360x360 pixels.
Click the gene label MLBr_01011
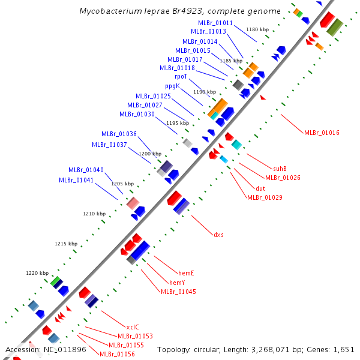pos(215,23)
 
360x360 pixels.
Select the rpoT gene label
pos(181,77)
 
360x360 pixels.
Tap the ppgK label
pos(173,86)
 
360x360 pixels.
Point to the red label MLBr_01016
pos(322,133)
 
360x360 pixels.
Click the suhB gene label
pos(280,169)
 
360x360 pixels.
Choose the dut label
pos(260,188)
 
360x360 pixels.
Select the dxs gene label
pos(218,235)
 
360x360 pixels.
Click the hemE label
pos(186,273)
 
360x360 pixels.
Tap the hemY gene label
pos(177,283)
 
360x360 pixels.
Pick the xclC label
pos(133,327)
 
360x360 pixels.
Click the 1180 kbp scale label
pos(257,29)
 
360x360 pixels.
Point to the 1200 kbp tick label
pos(150,154)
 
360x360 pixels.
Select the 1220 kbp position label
pos(37,273)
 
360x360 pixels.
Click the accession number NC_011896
pos(63,349)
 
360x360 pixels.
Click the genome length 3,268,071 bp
pos(266,349)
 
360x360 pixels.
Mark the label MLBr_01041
pos(76,180)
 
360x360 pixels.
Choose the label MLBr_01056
pos(117,354)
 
